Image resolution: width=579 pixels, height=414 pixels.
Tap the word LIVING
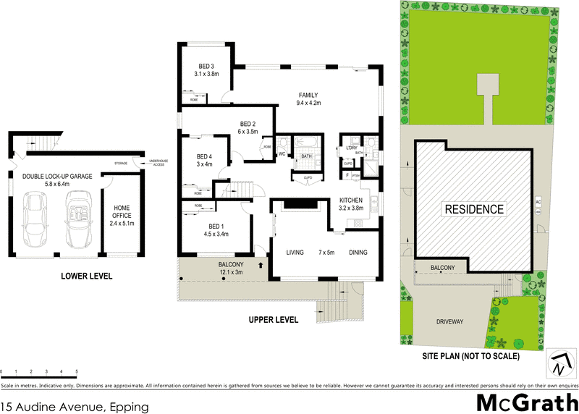click(295, 253)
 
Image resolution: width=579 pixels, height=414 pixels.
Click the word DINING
click(359, 253)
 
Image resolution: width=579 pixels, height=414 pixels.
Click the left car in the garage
click(35, 219)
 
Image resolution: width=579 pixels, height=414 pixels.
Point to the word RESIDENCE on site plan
click(474, 209)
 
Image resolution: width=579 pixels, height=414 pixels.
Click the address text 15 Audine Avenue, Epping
click(75, 407)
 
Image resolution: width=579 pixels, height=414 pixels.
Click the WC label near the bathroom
click(282, 154)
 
